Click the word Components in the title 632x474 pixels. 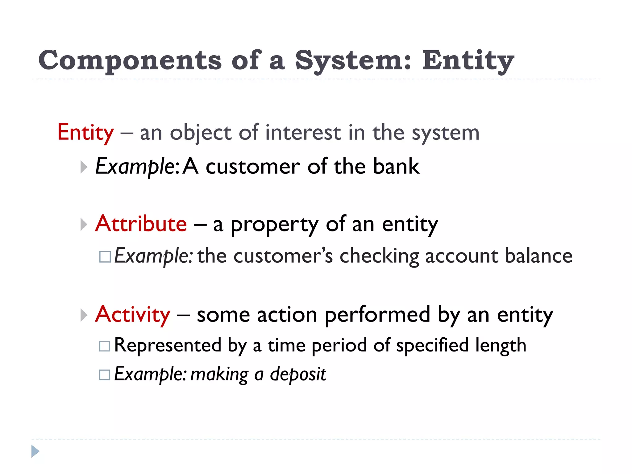click(130, 60)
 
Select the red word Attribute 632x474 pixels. click(141, 223)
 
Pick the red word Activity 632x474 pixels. click(133, 314)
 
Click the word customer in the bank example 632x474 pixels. click(252, 167)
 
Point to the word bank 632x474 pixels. click(396, 167)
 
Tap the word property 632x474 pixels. click(274, 225)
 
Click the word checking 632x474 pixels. click(379, 256)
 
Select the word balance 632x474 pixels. click(538, 256)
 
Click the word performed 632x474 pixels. click(377, 315)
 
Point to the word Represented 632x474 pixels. click(168, 345)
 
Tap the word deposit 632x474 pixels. click(298, 374)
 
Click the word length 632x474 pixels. click(501, 345)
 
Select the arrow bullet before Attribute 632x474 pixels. click(83, 224)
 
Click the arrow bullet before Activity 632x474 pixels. click(83, 315)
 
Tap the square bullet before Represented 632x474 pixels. click(105, 346)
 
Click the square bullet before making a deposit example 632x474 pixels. click(105, 375)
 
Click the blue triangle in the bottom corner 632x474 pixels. click(35, 451)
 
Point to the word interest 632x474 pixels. click(303, 133)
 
